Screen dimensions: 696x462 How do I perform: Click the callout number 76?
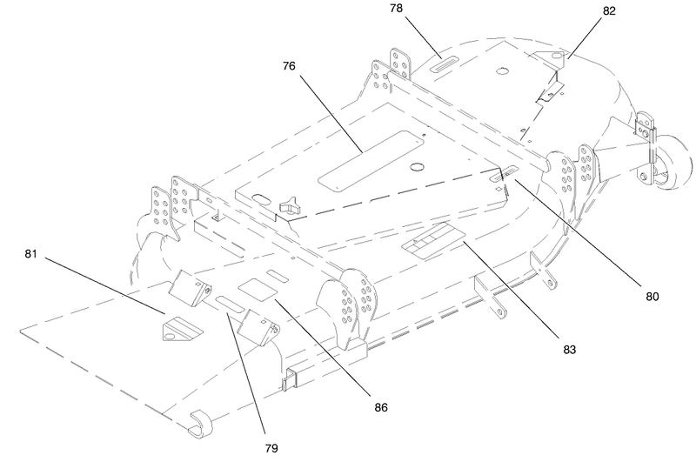tap(289, 66)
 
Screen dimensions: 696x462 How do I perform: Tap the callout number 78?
tap(397, 9)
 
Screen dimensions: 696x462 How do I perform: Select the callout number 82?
tap(609, 11)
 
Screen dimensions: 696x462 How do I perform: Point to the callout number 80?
tap(652, 297)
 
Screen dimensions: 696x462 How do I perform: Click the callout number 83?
tap(570, 350)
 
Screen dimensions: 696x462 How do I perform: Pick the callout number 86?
tap(381, 407)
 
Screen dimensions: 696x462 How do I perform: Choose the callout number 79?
tap(271, 448)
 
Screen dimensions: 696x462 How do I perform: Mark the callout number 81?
tap(30, 254)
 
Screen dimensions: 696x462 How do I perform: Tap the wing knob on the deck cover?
tap(288, 204)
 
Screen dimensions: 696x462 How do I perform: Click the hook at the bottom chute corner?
tap(201, 424)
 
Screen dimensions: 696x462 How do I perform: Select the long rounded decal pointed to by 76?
tap(371, 161)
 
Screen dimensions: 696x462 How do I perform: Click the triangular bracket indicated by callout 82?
tap(548, 57)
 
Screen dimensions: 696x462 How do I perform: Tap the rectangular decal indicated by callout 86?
tap(258, 290)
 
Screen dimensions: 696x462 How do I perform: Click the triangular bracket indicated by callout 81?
tap(183, 328)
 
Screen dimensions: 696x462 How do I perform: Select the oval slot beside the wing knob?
tap(261, 198)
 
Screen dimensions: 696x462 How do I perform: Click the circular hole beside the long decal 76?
tap(418, 167)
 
